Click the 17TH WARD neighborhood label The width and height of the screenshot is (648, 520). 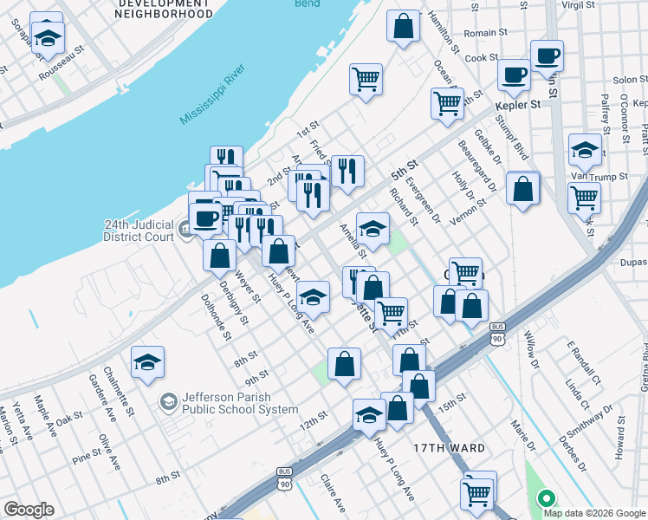click(449, 447)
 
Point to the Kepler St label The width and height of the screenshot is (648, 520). click(518, 104)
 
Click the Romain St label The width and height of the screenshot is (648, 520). click(485, 33)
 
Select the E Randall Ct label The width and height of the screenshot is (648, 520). click(584, 362)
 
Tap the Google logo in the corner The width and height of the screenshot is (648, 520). click(29, 510)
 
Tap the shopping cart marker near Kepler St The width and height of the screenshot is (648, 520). click(447, 103)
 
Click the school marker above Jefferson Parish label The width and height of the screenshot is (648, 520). click(148, 362)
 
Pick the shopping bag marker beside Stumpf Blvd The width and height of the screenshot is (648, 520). click(523, 190)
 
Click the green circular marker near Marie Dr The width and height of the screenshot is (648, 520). click(546, 498)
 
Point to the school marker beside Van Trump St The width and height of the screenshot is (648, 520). click(586, 150)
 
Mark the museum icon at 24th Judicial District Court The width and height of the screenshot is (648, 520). click(187, 231)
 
